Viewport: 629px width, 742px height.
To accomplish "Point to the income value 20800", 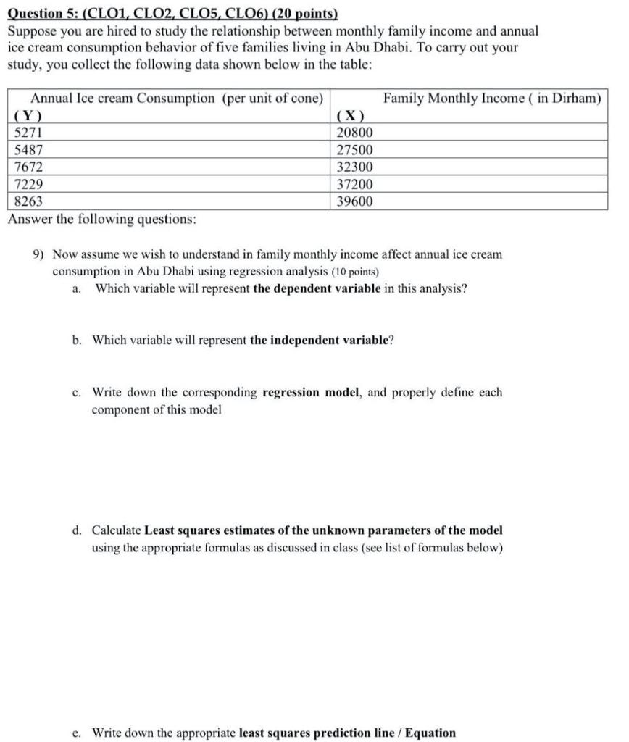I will [x=355, y=133].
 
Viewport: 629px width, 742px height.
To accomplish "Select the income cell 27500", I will [x=355, y=150].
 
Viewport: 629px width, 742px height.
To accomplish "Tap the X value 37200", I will [x=355, y=185].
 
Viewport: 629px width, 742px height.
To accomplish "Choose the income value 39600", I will [x=355, y=202].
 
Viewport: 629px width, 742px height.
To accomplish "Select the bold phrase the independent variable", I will [x=319, y=340].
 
